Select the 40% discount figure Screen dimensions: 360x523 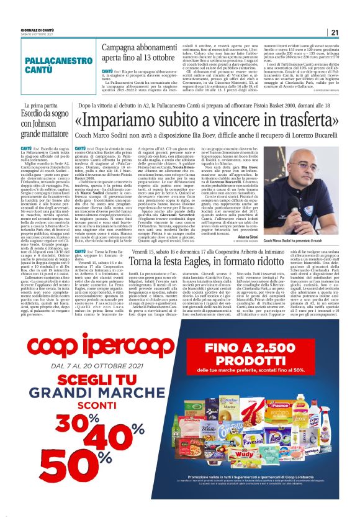102,440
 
